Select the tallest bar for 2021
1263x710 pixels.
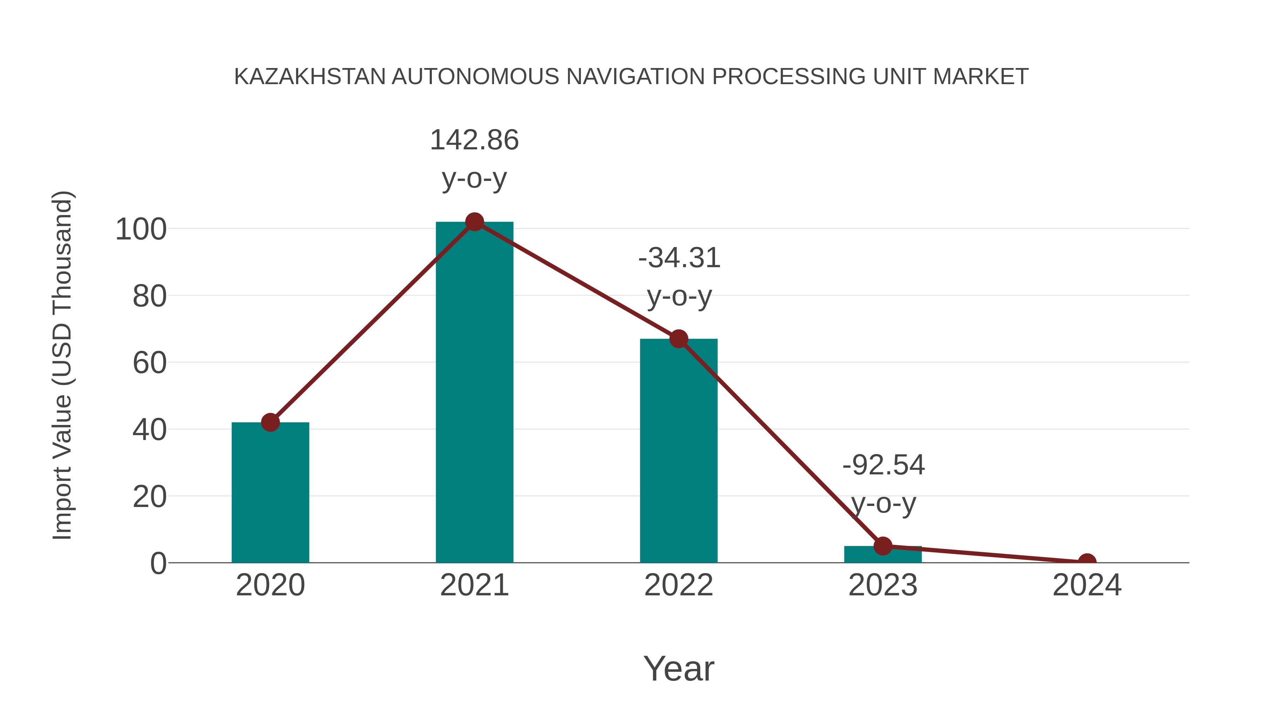(x=474, y=392)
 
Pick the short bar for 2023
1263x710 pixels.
(x=883, y=554)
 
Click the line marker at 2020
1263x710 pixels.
(x=270, y=422)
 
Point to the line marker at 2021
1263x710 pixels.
(x=474, y=222)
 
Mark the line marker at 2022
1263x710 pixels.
(x=679, y=339)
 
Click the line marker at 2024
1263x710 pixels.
(x=1087, y=562)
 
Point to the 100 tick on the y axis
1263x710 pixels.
(x=141, y=229)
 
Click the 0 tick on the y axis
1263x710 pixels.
(x=158, y=563)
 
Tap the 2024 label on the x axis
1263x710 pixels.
(x=1087, y=585)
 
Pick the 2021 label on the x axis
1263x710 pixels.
(x=474, y=585)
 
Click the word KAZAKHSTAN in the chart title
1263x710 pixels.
(x=310, y=76)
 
